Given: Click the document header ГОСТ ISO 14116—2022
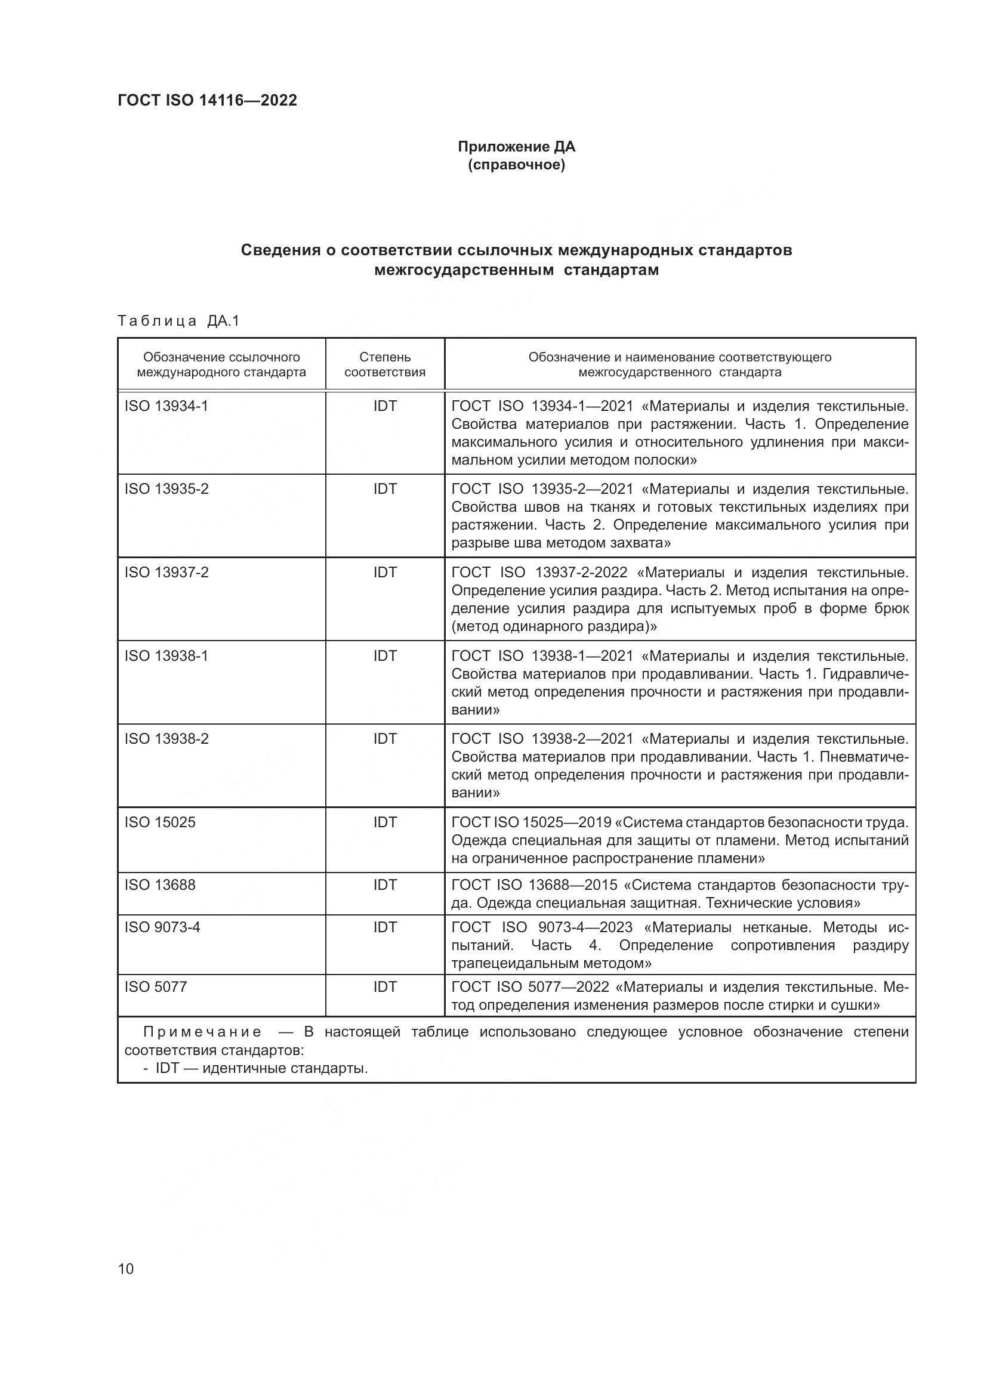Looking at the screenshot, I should (207, 100).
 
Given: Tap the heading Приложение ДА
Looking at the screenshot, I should (516, 147).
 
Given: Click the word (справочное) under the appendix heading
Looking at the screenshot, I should (516, 165).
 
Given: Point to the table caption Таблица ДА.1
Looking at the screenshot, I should (178, 321).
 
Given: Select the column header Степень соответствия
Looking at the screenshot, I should (385, 364).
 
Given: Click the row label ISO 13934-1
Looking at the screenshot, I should (166, 406).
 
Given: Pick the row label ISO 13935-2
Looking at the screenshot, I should (166, 489).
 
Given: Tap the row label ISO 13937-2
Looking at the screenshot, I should (166, 573).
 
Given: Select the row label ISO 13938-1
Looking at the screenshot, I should (166, 656).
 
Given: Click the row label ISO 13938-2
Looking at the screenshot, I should (166, 739).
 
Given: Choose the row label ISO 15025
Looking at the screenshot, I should (160, 822).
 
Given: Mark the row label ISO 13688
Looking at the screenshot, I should (160, 885).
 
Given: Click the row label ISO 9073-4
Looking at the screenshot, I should (162, 927).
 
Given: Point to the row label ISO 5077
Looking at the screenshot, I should (156, 986).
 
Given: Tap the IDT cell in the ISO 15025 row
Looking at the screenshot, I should (385, 822).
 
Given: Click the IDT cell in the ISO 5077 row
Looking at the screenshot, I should (385, 986).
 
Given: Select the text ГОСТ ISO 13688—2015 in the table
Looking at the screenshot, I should (534, 885).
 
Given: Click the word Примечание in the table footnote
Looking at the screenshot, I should (202, 1032).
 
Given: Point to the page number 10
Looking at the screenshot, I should (126, 1269).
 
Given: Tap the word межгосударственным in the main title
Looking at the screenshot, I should (464, 270).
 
